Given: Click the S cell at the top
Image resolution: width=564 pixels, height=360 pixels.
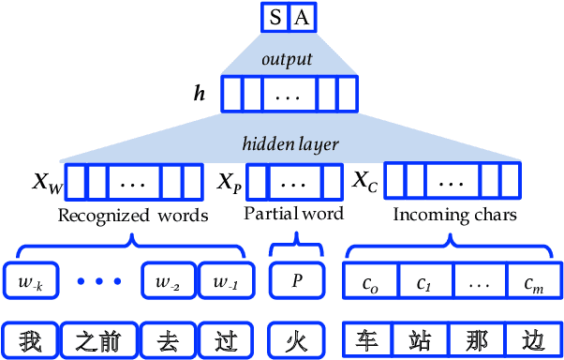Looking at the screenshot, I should click(275, 17).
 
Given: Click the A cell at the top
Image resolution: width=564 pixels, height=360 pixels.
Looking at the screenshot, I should click(300, 17).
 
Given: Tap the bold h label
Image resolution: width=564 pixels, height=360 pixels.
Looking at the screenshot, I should click(199, 94).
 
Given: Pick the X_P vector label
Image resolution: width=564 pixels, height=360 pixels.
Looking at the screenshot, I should click(230, 181).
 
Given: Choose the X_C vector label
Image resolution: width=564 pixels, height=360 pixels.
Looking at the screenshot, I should click(364, 179).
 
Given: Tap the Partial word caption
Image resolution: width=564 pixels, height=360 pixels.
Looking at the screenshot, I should click(293, 213).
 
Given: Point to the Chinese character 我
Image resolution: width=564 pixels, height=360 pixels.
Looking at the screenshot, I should click(31, 339).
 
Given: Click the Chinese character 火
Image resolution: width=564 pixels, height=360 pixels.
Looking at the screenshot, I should click(296, 339).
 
